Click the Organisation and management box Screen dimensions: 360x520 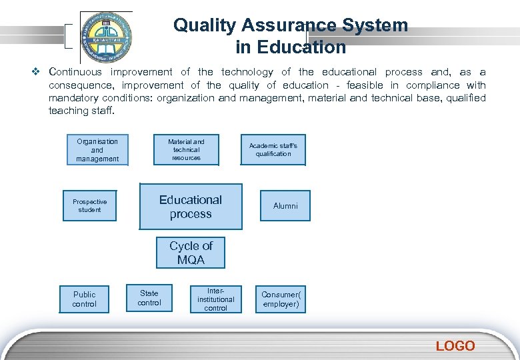pos(97,150)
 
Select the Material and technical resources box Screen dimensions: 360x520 pos(186,150)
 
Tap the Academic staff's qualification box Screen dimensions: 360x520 pos(273,150)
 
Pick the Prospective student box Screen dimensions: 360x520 pos(89,206)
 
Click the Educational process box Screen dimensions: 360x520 pos(191,207)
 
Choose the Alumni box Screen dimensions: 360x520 pos(285,206)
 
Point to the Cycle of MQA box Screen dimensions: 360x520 pos(191,253)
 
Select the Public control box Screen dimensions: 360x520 pos(84,299)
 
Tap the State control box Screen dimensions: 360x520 pos(149,298)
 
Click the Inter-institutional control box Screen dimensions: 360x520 pos(215,299)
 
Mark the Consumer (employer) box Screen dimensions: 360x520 pos(281,299)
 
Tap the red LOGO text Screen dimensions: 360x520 pos(455,346)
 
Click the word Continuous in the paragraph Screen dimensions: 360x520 pos(75,72)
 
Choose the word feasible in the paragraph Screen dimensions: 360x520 pos(365,85)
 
